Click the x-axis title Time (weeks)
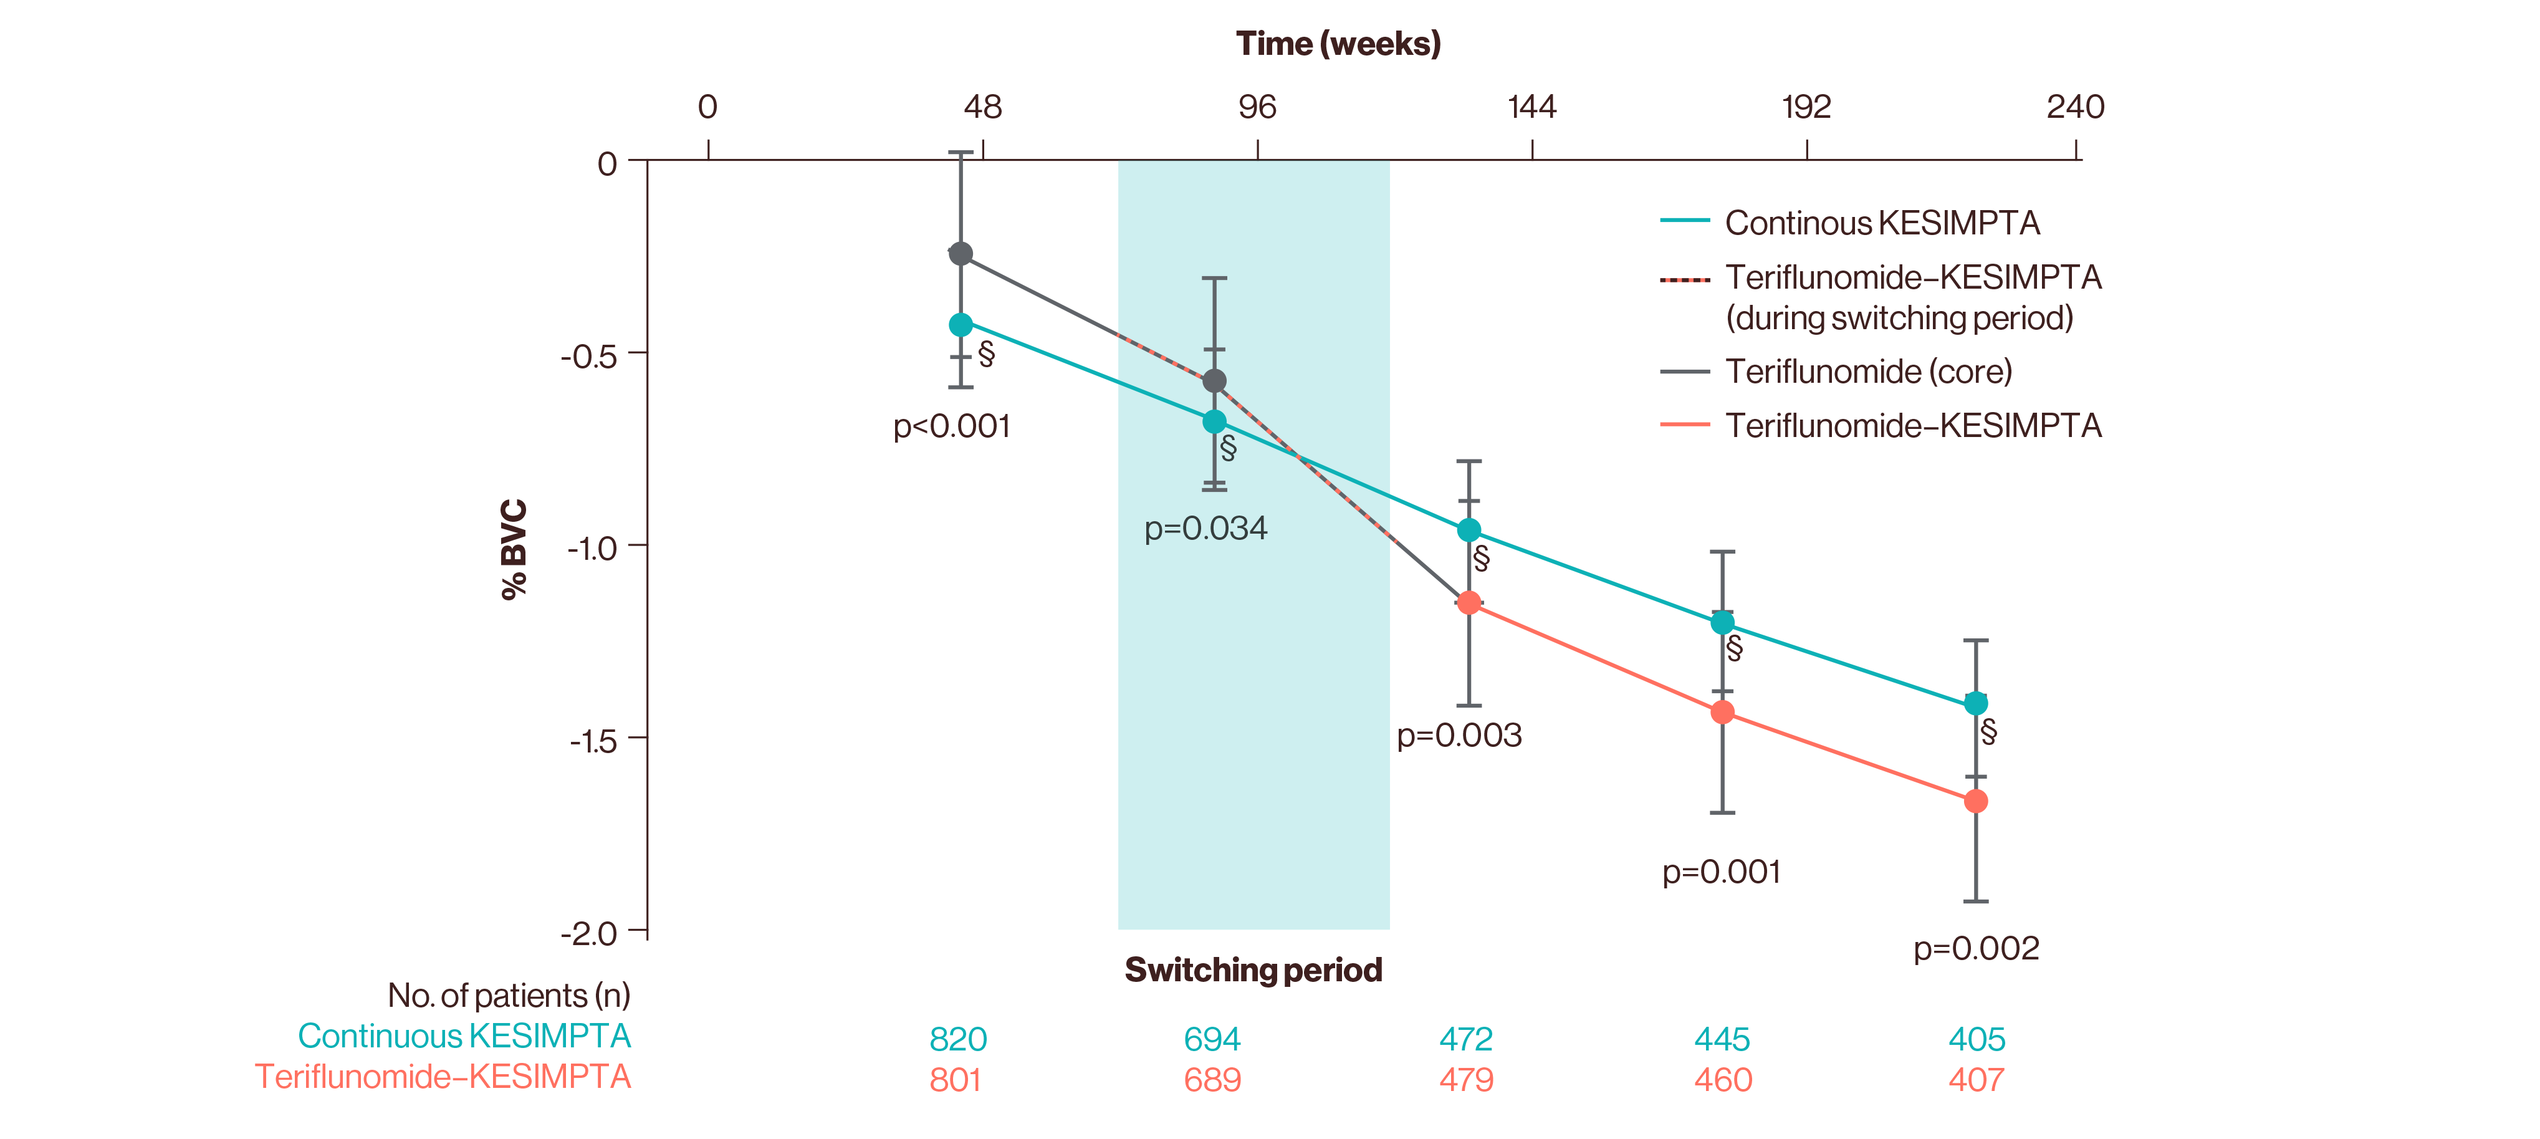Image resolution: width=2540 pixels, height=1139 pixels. [1338, 44]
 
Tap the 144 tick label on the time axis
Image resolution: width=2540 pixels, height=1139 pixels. [1531, 107]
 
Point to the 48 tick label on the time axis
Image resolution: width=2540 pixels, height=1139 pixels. [982, 107]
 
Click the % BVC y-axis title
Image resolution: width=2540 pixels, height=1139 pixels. [514, 549]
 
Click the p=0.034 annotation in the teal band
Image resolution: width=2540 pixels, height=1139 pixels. [1205, 529]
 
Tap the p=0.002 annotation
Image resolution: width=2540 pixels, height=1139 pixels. [1976, 949]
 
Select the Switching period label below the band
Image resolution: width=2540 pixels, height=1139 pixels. [1253, 971]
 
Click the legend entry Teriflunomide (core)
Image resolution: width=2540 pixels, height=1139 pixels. [1867, 372]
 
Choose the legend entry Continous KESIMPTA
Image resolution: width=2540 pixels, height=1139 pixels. [1881, 223]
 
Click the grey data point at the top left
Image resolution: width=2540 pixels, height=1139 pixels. [961, 254]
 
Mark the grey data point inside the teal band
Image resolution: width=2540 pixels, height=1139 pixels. [1215, 381]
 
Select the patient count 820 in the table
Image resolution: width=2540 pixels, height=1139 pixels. [957, 1039]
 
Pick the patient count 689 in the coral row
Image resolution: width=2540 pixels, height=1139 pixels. [1212, 1080]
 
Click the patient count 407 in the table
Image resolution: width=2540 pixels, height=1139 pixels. [1976, 1080]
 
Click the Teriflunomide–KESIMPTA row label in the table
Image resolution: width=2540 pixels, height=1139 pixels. [444, 1076]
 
